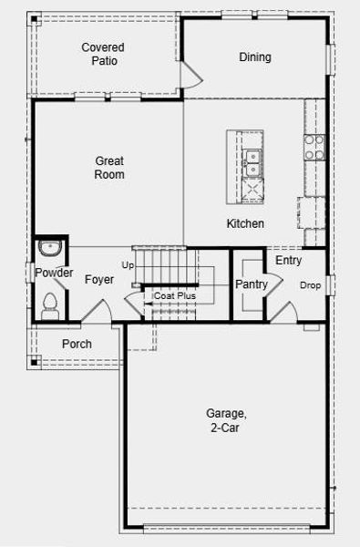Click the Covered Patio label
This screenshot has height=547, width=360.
click(103, 54)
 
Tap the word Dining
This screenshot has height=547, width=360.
click(255, 57)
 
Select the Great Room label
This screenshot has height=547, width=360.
click(109, 168)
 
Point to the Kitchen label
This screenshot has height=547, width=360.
click(245, 223)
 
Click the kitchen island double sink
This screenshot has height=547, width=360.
click(252, 162)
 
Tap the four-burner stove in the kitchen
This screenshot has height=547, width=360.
click(314, 147)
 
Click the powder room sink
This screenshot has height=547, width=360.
click(50, 248)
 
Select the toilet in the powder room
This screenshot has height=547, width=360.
click(50, 306)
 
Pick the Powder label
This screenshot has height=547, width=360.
click(54, 273)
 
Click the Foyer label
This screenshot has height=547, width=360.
click(99, 280)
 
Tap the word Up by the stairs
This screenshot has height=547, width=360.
click(128, 265)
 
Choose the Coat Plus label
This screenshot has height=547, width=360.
click(175, 295)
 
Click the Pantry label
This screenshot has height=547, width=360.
click(252, 284)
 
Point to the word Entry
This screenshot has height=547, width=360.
click(289, 260)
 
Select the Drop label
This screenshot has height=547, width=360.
click(310, 285)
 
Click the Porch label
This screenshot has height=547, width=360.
click(77, 344)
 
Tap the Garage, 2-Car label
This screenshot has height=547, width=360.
click(226, 420)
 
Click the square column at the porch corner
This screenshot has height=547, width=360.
click(35, 362)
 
